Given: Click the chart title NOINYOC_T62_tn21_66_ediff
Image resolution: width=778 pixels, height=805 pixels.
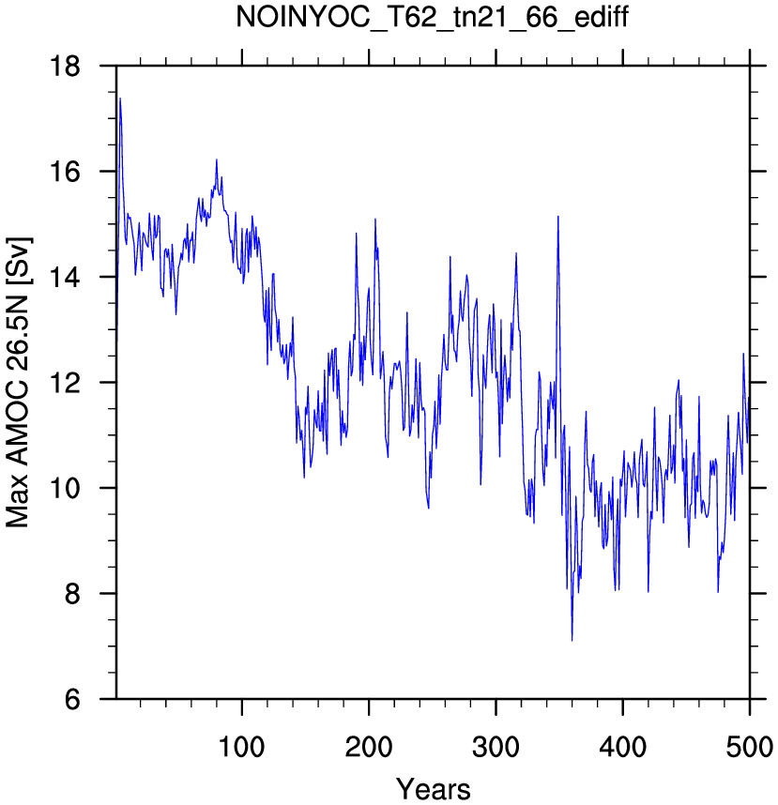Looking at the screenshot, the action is [x=432, y=18].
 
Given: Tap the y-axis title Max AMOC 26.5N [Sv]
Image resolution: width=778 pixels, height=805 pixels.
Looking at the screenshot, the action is [x=18, y=382].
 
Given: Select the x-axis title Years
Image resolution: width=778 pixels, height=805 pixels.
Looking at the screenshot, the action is [x=433, y=789].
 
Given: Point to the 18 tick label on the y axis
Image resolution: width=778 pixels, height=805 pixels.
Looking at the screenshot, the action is [x=65, y=67].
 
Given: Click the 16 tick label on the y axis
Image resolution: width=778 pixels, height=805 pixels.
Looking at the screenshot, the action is [x=65, y=172].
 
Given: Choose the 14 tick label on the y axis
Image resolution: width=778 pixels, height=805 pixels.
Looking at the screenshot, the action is [x=65, y=277].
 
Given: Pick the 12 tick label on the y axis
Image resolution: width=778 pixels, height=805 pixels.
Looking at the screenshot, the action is [x=65, y=383].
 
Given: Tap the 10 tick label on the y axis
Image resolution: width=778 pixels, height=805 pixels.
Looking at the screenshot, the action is [x=65, y=488].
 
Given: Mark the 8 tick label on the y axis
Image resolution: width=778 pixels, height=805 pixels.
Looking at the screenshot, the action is [x=73, y=594].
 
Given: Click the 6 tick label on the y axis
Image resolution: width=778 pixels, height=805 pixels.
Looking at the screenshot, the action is [x=73, y=699].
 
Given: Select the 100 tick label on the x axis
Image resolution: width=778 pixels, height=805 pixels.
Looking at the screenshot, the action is [x=241, y=747].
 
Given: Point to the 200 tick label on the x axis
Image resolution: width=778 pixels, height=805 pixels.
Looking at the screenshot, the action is [x=369, y=747].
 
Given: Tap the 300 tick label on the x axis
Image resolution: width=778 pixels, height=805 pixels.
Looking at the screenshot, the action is [x=496, y=747].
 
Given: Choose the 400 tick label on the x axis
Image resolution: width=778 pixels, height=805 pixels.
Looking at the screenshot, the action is [x=622, y=747].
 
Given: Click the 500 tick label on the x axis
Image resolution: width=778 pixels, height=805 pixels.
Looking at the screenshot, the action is [x=749, y=747].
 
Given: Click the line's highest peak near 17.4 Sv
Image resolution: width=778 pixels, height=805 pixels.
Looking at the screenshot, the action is [x=120, y=99].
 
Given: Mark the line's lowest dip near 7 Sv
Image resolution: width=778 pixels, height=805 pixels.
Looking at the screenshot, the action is [x=572, y=640].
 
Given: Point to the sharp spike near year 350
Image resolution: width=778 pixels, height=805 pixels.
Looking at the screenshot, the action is [x=557, y=217].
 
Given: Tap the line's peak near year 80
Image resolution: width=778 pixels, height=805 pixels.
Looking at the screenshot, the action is [x=217, y=159].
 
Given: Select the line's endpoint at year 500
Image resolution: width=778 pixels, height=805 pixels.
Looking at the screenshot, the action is [x=749, y=398].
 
